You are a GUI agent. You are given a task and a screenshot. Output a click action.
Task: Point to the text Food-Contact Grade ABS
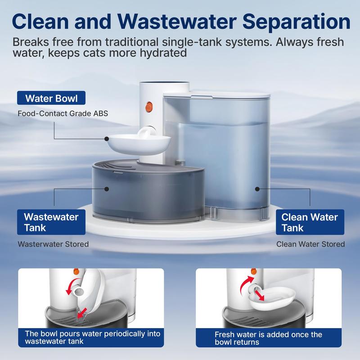click(x=63, y=113)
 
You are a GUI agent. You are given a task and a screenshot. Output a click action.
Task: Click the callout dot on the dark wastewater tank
click(x=107, y=189)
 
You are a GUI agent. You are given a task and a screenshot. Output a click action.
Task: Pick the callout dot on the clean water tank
click(x=257, y=189)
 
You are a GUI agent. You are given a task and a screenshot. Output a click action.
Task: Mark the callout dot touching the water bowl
click(x=107, y=139)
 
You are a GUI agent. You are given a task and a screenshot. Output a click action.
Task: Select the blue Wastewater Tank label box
click(x=51, y=223)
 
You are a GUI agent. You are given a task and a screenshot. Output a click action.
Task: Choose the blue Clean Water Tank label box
click(x=309, y=223)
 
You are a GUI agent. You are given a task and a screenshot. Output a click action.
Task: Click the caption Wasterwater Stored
click(x=53, y=244)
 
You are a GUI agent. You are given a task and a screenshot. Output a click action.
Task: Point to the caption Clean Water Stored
click(x=310, y=244)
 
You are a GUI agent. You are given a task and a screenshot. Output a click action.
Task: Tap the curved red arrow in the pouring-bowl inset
click(x=72, y=288)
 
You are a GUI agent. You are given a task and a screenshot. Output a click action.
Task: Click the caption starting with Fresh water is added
click(x=269, y=338)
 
